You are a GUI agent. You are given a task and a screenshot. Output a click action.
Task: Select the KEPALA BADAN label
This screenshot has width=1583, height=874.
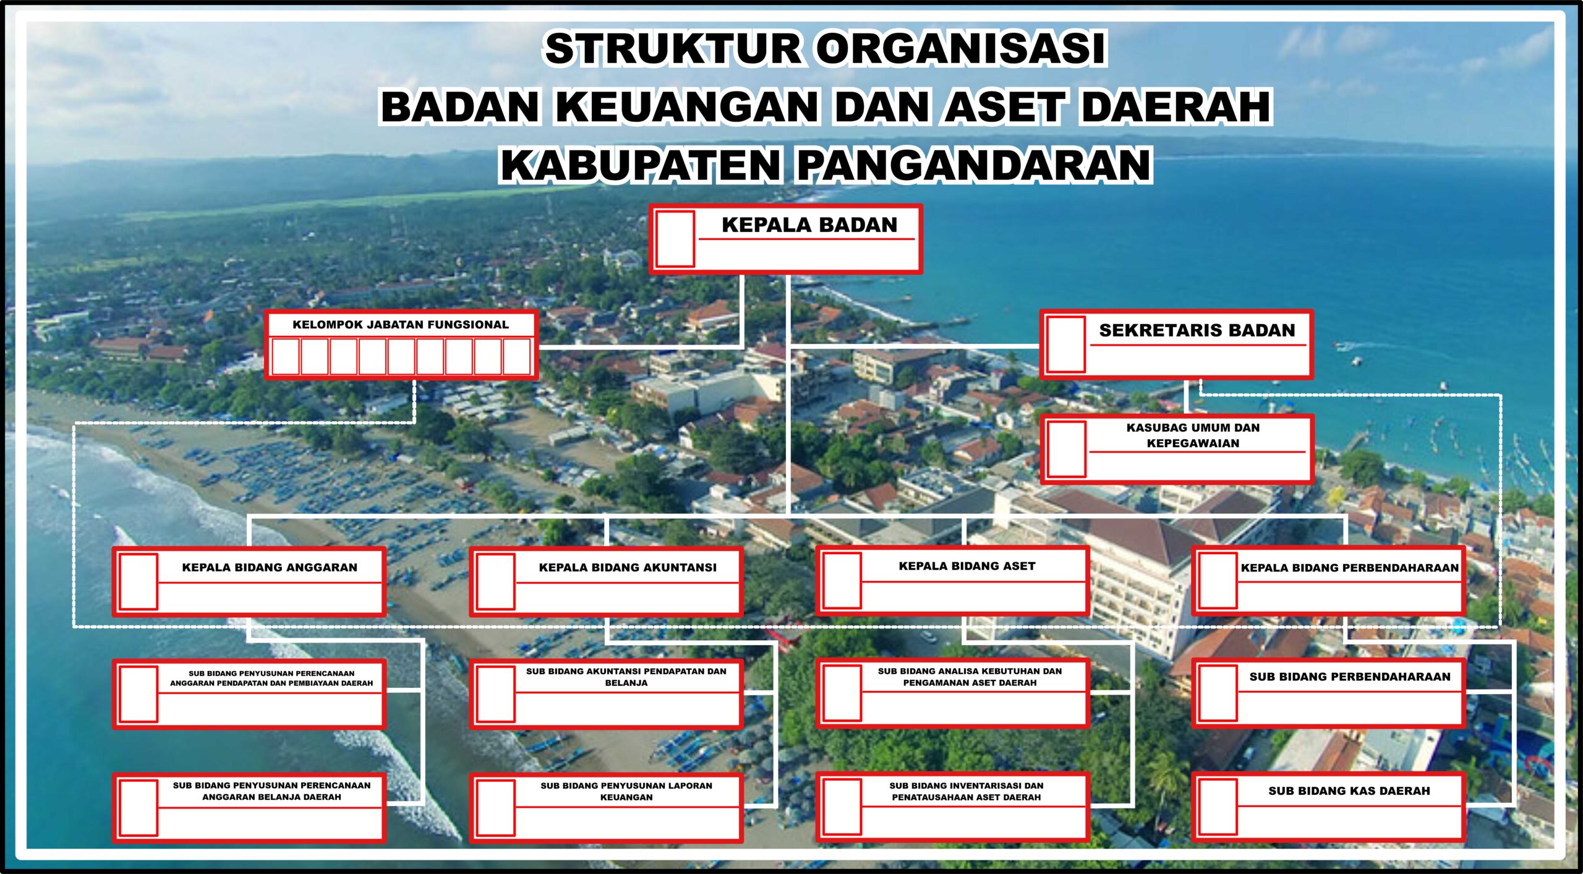809,225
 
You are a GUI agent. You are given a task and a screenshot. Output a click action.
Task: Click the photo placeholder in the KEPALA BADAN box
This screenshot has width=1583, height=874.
675,239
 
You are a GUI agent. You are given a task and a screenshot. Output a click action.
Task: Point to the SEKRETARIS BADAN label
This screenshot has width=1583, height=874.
1197,330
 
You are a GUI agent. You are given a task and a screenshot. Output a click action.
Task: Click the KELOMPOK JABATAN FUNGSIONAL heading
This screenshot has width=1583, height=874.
401,325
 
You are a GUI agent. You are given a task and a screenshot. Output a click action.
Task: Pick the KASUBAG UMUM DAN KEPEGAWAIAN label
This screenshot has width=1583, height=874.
1193,435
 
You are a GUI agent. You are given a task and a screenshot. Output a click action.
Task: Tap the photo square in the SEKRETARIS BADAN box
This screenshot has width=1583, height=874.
1066,344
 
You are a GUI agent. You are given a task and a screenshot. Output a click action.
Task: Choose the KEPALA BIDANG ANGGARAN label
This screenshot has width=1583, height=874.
270,567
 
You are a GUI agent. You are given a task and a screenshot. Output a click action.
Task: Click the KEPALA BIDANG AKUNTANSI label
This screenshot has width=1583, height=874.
628,567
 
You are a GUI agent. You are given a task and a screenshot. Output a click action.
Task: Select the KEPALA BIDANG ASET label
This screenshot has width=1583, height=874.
967,566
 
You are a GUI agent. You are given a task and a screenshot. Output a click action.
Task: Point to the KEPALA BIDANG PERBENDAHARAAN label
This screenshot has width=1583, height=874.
1350,568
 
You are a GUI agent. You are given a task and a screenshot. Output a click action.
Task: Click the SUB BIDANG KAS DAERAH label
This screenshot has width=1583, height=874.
1349,790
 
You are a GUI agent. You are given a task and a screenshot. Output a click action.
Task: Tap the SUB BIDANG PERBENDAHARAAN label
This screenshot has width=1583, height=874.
1350,677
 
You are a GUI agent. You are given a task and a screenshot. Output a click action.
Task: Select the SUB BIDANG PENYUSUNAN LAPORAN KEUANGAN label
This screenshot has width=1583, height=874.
626,791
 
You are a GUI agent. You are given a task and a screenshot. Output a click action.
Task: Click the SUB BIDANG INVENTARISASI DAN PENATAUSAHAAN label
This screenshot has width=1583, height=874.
966,791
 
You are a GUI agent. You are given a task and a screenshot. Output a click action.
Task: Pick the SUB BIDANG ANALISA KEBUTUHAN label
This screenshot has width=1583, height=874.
970,677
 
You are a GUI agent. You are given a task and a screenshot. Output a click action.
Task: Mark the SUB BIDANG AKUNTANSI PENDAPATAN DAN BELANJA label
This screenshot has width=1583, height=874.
626,677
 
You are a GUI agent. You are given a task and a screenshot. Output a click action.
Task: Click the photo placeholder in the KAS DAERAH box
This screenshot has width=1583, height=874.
1218,807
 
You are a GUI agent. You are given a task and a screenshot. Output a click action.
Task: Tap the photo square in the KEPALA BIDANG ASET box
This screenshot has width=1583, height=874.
842,581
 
